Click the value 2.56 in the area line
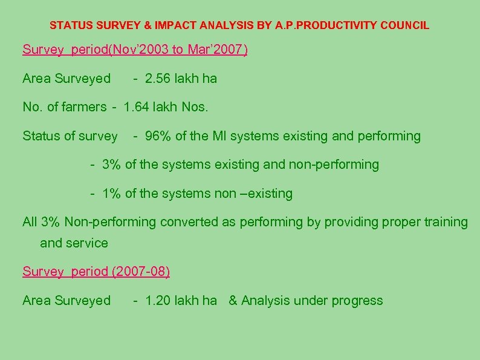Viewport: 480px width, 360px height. pos(158,79)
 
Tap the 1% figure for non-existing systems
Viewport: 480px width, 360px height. pos(112,194)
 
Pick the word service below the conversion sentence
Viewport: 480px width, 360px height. pos(86,243)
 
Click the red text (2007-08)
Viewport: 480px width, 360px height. pos(141,272)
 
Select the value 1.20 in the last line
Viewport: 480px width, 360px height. pos(158,301)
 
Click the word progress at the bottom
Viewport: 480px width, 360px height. pos(358,301)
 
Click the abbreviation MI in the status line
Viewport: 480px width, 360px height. pos(218,136)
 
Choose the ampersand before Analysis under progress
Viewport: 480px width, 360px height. pos(233,301)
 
